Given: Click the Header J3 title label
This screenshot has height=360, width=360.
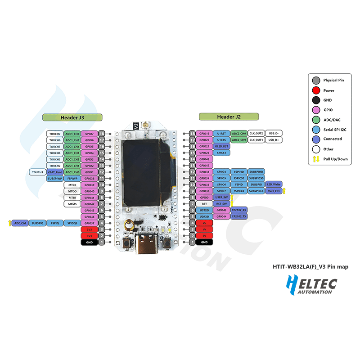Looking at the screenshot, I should point(72,117).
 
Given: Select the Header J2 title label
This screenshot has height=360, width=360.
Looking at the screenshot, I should point(229,117).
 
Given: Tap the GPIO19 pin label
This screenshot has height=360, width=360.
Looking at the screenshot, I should point(204,134).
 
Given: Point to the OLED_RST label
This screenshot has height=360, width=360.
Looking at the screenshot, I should point(221,146).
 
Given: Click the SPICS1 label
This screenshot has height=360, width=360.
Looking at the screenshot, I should point(221,153).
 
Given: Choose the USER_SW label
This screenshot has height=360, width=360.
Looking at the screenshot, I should point(221,197).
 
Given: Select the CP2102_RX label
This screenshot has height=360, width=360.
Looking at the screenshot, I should point(238,210).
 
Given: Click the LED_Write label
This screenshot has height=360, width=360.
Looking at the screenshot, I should point(274,184).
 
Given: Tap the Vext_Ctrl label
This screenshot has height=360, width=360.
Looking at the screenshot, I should point(274,191).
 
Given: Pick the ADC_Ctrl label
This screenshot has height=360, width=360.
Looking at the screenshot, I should point(20,223).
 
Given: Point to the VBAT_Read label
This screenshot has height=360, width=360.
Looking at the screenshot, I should point(55,172).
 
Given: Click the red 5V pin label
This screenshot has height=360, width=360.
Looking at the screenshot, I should point(204,235).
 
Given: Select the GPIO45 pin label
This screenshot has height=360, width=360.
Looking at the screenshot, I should point(89,210).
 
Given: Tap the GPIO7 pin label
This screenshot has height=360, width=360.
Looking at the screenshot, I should point(89,134).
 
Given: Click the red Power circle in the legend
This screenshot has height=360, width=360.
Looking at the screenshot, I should point(316,90).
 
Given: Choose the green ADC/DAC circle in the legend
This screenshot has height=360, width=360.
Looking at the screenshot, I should point(316,120).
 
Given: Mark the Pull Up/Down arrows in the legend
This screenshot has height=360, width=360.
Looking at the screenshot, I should point(316,159).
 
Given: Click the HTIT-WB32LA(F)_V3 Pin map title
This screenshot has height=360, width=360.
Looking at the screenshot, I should point(310,267).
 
